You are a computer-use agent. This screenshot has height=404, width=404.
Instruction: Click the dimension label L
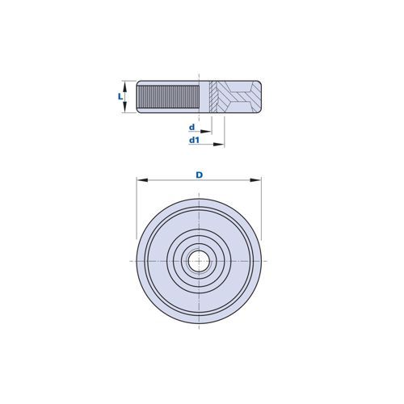pyautogui.click(x=120, y=96)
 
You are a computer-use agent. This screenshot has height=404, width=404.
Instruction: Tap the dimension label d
pyautogui.click(x=191, y=127)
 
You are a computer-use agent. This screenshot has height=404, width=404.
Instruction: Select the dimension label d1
pyautogui.click(x=194, y=140)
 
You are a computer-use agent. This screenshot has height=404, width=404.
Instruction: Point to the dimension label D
pyautogui.click(x=199, y=175)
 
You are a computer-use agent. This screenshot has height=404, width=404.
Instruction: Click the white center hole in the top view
pyautogui.click(x=199, y=261)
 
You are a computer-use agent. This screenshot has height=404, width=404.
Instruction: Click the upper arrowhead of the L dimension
pyautogui.click(x=124, y=86)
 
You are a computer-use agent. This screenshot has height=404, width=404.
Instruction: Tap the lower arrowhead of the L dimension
pyautogui.click(x=124, y=107)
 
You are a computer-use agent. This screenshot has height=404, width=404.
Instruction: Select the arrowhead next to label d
pyautogui.click(x=206, y=132)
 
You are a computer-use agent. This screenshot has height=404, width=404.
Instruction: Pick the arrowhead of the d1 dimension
pyautogui.click(x=219, y=145)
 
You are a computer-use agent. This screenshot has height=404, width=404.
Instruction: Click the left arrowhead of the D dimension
pyautogui.click(x=142, y=180)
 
